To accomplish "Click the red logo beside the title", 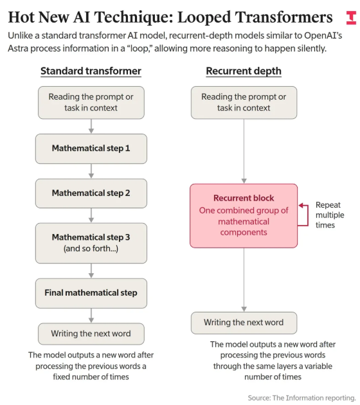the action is click(351, 18).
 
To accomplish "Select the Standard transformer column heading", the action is click(91, 71).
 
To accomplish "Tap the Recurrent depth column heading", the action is click(244, 71).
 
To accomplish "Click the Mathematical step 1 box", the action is click(91, 148).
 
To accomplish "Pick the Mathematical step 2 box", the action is click(91, 194).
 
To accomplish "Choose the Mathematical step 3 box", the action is click(91, 243).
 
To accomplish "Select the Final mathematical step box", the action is click(91, 293).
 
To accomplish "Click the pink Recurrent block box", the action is click(244, 216).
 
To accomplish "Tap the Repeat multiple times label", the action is click(330, 215).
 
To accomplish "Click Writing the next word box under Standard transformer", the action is click(91, 334).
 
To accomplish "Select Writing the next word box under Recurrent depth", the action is click(244, 323).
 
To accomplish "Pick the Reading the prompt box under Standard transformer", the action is click(91, 103).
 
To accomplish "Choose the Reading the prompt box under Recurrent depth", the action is click(244, 103).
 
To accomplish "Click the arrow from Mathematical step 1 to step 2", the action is click(91, 171).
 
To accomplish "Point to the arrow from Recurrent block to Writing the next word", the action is click(244, 280).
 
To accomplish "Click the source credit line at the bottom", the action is click(301, 398).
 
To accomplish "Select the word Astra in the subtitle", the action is click(18, 49).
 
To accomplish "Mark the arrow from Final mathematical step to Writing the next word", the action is click(91, 316).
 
